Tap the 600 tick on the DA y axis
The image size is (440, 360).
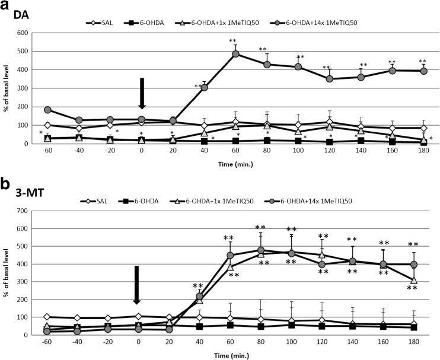[29, 33]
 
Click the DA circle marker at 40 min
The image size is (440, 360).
[204, 88]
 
